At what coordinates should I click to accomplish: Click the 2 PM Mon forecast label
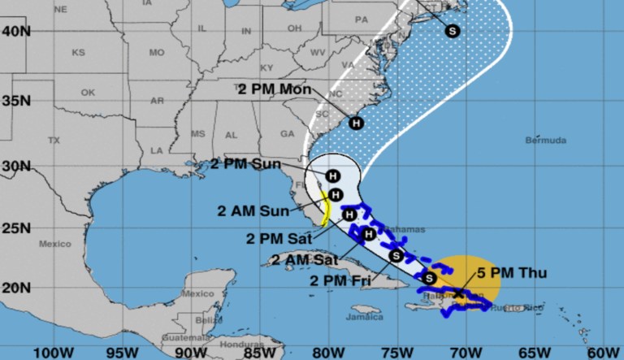(275, 89)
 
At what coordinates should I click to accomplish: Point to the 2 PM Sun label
(245, 163)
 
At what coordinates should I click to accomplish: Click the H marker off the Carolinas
(356, 124)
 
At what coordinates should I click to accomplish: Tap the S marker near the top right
(452, 31)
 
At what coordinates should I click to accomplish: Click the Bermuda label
(546, 141)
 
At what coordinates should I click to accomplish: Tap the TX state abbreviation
(54, 141)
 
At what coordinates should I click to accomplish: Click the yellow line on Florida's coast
(324, 211)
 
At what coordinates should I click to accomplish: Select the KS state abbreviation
(78, 52)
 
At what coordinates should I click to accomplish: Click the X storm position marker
(459, 293)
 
